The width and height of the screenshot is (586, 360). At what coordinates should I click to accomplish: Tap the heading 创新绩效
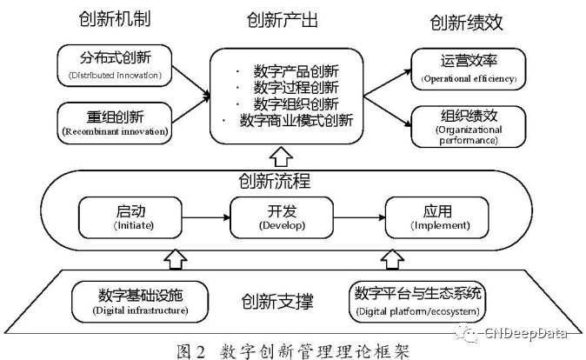[x=468, y=23]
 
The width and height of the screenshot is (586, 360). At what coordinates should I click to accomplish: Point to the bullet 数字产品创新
[x=290, y=70]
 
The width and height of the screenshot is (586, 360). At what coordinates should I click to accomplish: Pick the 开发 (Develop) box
[x=283, y=217]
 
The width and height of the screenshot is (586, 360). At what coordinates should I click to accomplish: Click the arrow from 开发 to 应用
[x=360, y=217]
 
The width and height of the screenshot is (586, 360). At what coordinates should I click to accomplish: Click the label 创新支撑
[x=278, y=302]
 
